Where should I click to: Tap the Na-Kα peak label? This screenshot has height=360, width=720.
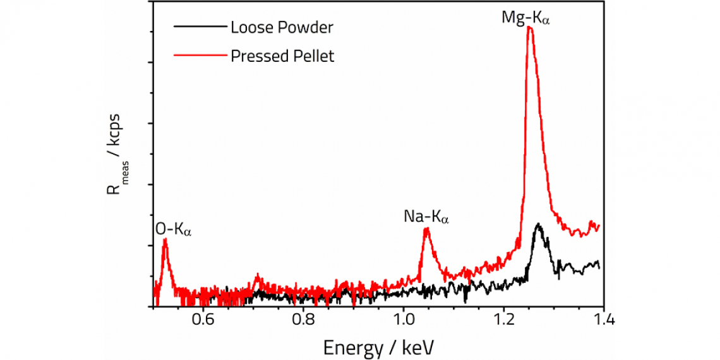[x=426, y=217]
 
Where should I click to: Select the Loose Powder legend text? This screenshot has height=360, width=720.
[x=282, y=28]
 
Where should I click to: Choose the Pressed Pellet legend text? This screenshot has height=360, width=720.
[x=282, y=56]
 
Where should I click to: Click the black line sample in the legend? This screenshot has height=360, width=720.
[x=199, y=28]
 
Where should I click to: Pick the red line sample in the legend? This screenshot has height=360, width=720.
[x=199, y=56]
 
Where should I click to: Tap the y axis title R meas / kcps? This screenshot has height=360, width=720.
[x=116, y=164]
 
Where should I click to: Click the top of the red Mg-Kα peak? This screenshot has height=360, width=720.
[x=529, y=27]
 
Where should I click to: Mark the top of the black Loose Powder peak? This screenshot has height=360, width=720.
[x=538, y=224]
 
